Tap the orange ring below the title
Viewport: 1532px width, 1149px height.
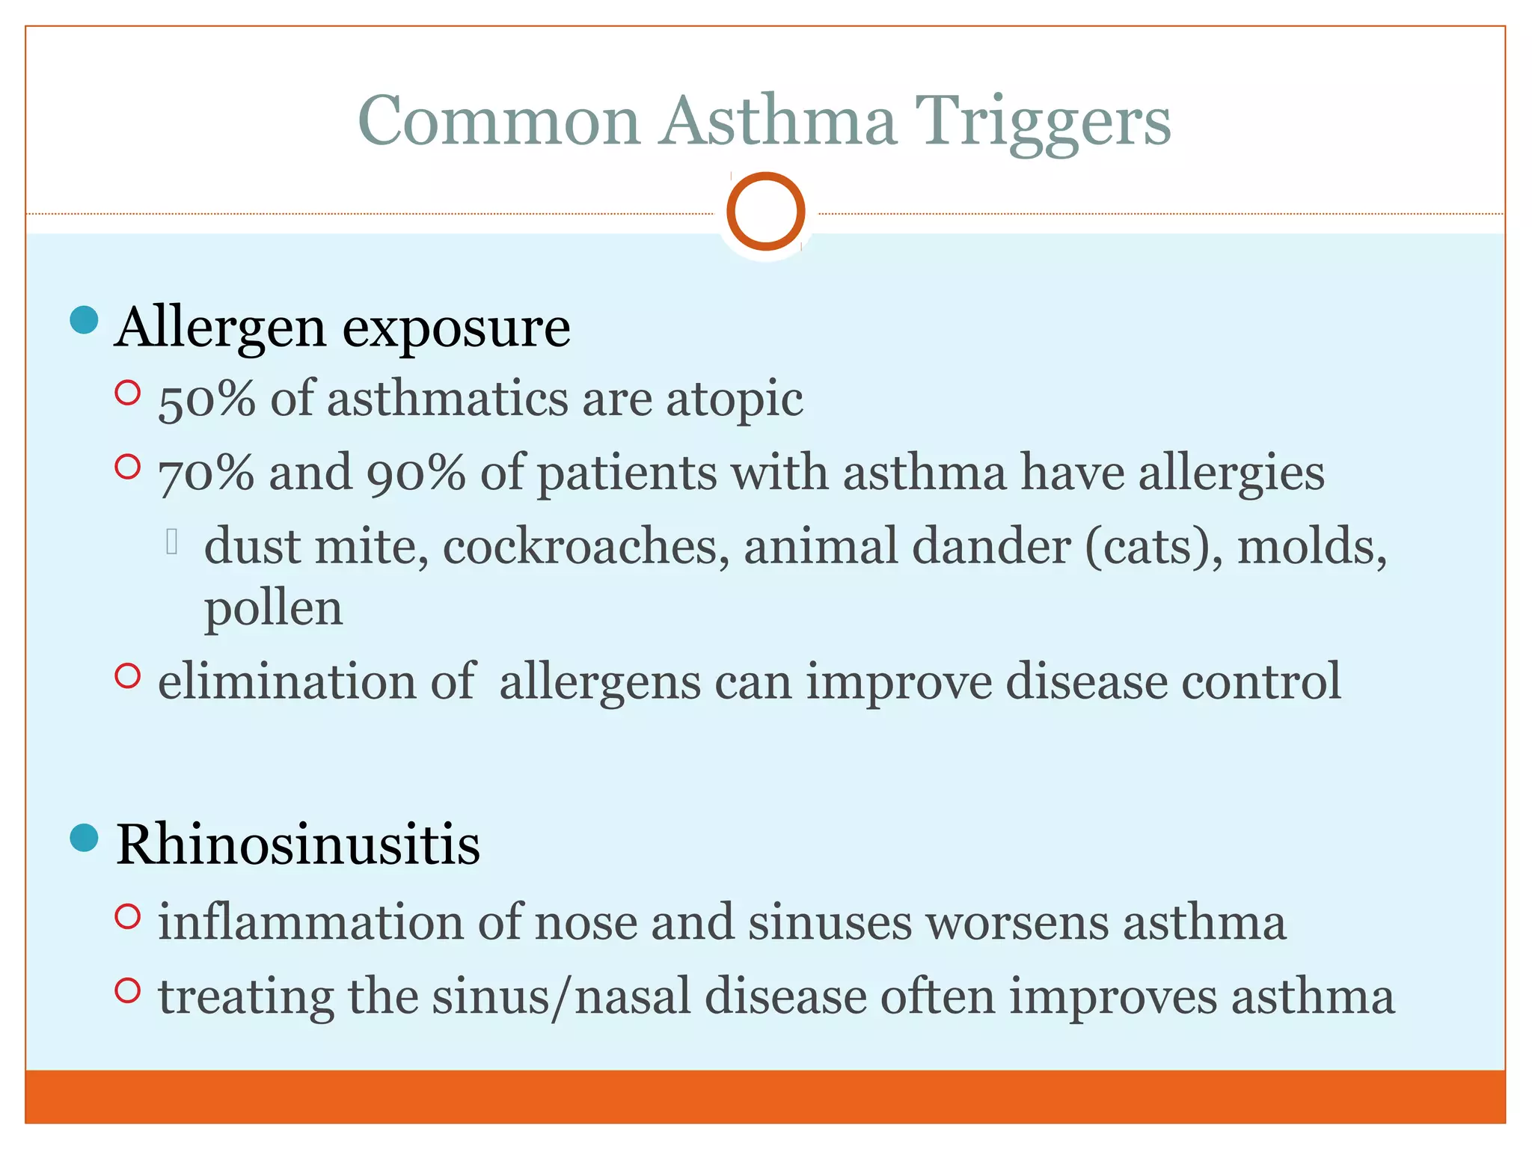point(765,211)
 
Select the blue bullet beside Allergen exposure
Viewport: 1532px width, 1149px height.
point(84,320)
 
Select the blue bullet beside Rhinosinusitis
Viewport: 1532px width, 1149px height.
point(84,838)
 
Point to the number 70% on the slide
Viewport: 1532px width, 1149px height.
point(206,473)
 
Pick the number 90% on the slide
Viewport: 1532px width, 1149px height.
point(416,473)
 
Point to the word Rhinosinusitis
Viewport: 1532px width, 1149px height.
point(298,845)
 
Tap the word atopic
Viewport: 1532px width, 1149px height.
point(735,400)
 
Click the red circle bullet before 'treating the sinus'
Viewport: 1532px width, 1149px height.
point(128,990)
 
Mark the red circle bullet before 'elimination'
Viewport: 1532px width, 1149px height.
point(128,675)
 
